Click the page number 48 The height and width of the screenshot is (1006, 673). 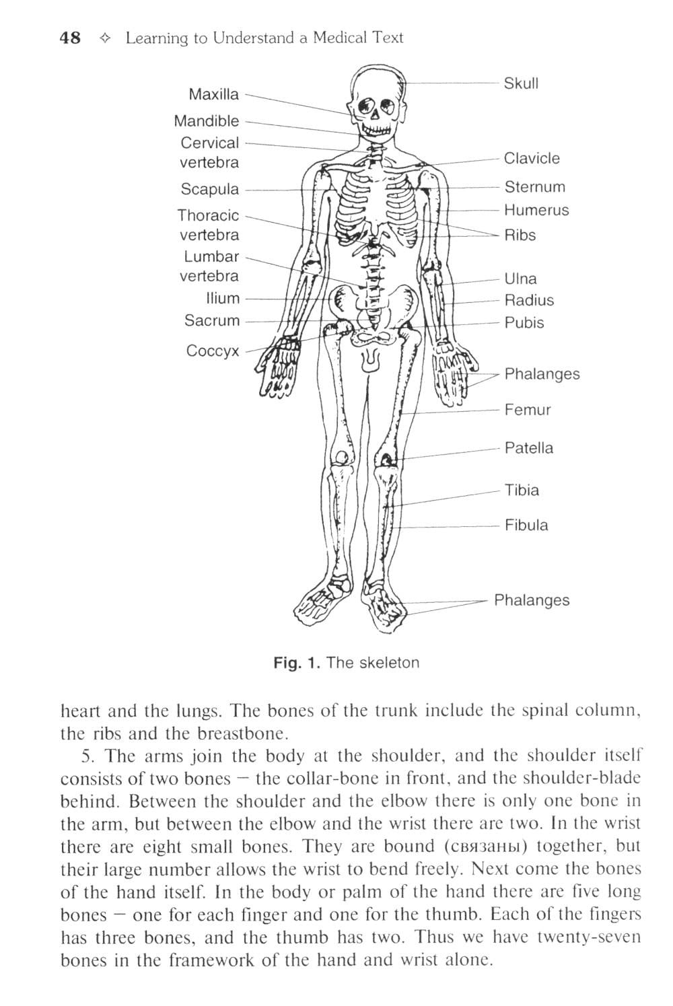pos(70,38)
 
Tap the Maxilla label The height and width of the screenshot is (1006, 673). pos(213,94)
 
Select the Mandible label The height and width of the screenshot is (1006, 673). pos(206,121)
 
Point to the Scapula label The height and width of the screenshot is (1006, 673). pos(209,189)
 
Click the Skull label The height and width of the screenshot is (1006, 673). pos(522,83)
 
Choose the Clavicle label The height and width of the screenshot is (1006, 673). pos(532,158)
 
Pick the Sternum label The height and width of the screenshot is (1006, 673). pos(534,187)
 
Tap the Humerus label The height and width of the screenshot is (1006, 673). pos(536,210)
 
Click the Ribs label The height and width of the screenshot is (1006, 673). pos(520,235)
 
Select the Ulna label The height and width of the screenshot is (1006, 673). pos(520,279)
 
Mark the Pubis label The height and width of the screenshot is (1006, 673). pos(524,322)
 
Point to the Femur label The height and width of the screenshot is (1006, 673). pos(528,410)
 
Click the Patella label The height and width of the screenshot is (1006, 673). pos(529,448)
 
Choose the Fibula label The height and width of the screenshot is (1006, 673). pos(526,525)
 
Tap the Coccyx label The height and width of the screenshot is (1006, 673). pos(212,351)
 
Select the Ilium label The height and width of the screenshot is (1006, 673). pos(223,298)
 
